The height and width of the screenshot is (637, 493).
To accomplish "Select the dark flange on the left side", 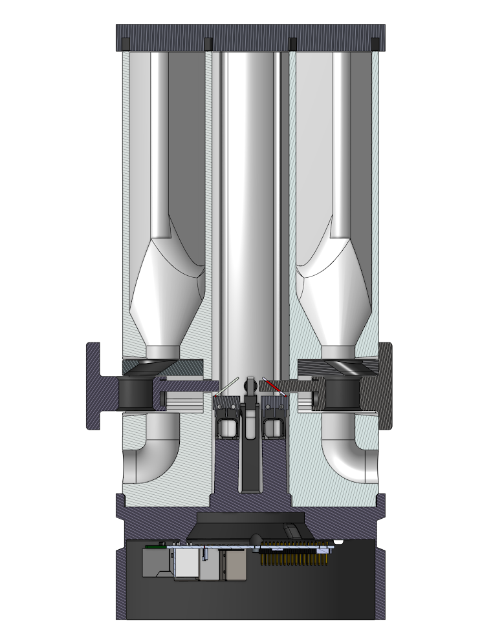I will (97, 386).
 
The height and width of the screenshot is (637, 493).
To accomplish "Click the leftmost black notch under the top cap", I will (125, 43).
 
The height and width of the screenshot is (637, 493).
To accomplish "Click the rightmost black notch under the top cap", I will (375, 43).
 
